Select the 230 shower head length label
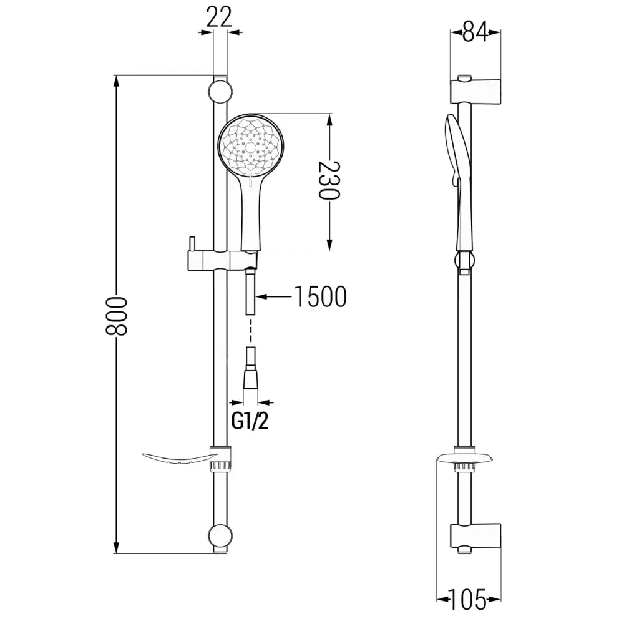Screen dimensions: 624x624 pyautogui.click(x=329, y=181)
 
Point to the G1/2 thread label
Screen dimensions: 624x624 pyautogui.click(x=250, y=422)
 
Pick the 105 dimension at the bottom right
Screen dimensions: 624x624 pyautogui.click(x=468, y=600)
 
